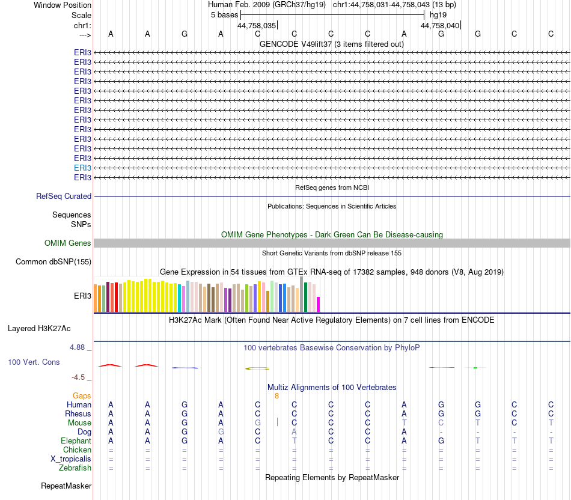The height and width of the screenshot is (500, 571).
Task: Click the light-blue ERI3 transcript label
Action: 83,168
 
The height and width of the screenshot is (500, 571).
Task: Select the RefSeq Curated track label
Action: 64,196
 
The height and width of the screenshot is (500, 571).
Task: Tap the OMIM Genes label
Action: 68,243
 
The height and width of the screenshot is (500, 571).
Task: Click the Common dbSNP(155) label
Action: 53,262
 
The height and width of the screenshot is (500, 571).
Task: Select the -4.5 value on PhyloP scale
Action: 79,377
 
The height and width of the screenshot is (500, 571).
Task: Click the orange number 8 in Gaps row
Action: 276,396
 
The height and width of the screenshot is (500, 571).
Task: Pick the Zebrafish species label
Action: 75,468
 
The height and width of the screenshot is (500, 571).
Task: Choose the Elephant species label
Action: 76,441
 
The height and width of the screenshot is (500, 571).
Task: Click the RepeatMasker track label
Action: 66,486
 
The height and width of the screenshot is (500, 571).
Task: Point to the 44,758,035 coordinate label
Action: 257,26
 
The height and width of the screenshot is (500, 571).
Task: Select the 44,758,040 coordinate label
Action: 440,26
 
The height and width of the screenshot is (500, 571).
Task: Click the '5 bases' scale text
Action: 224,14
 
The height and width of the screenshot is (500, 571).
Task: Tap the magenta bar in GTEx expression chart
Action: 319,304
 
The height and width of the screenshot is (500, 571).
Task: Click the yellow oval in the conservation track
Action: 257,368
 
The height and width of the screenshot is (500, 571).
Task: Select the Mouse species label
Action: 79,423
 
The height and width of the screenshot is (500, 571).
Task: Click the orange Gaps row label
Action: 82,396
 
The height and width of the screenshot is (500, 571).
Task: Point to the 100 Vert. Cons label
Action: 33,362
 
